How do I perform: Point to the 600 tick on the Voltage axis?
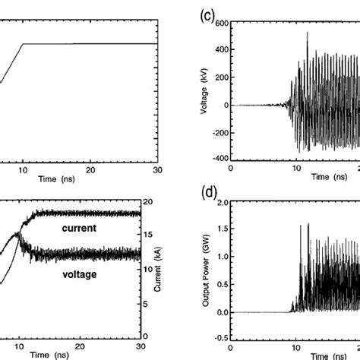pos(221,23)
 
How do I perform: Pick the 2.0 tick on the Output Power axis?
pos(222,204)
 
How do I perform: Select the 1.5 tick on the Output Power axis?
pos(222,231)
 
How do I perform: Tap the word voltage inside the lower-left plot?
pos(80,273)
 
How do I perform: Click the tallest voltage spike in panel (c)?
pos(308,33)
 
